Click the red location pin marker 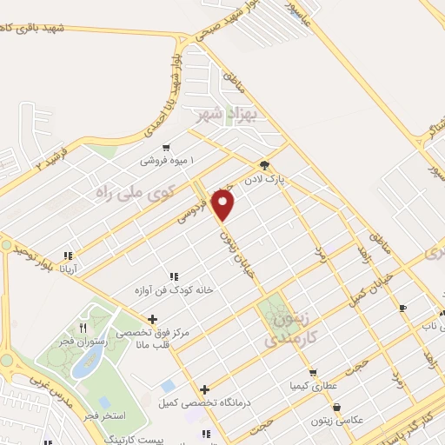pyautogui.click(x=224, y=204)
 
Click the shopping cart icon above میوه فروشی pyautogui.click(x=165, y=148)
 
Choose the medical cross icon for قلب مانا pyautogui.click(x=153, y=319)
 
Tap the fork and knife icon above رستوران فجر pyautogui.click(x=83, y=328)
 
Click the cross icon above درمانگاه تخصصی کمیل pyautogui.click(x=204, y=390)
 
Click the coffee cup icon pyautogui.click(x=402, y=308)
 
